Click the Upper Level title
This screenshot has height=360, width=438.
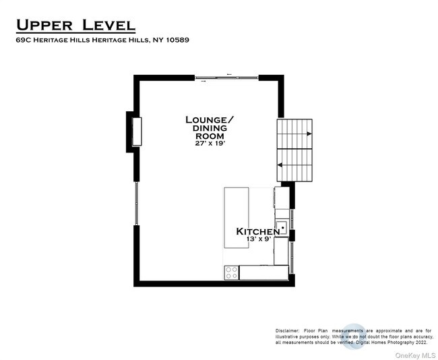[x=75, y=25]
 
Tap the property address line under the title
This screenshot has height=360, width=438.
[x=102, y=40]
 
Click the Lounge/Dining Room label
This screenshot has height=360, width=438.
[x=210, y=127]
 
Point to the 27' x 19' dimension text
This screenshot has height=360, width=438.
[x=210, y=144]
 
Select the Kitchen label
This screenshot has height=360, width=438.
[x=257, y=231]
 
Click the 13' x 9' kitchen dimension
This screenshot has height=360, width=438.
[x=259, y=239]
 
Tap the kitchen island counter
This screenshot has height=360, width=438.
[x=237, y=218]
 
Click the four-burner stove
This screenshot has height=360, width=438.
[x=232, y=272]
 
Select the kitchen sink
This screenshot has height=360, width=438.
[x=282, y=228]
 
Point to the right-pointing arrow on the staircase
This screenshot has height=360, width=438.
[x=309, y=134]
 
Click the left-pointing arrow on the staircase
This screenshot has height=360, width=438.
[x=280, y=165]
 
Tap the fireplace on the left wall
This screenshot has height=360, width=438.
[x=137, y=131]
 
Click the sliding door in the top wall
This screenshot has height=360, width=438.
[x=226, y=78]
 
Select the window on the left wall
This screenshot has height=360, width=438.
[x=136, y=204]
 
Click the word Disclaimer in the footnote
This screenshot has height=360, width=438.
[x=288, y=331]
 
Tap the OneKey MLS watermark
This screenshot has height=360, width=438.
[x=415, y=355]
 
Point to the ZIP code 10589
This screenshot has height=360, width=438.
[x=177, y=40]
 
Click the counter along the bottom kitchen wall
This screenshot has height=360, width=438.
[x=264, y=272]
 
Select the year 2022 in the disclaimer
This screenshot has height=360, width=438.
[x=420, y=342]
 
